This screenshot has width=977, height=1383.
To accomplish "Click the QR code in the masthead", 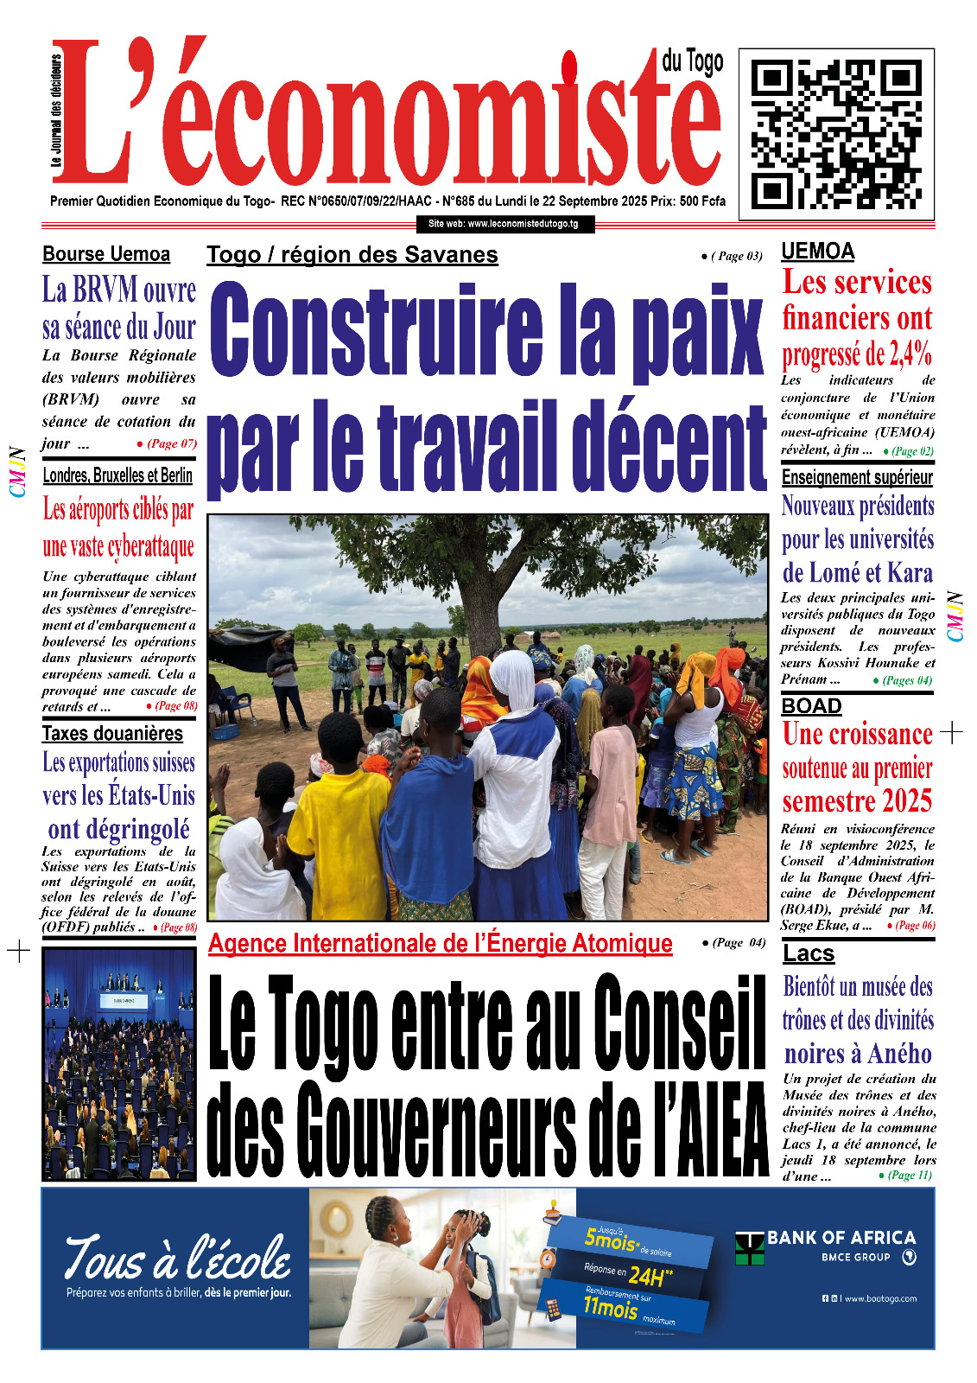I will [836, 133].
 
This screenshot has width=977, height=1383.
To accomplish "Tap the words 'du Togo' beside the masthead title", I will [692, 62].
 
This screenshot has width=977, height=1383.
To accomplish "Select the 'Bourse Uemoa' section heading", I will [106, 254].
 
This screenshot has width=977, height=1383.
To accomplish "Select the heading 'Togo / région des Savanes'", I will [352, 255].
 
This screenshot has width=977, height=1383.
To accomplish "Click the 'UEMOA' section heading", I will [817, 252].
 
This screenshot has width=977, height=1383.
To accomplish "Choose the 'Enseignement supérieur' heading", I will [857, 477].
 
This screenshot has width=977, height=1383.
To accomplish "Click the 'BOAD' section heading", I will [811, 706].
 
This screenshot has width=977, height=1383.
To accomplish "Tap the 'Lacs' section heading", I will [809, 953].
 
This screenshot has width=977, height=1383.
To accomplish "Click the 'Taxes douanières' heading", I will [112, 734].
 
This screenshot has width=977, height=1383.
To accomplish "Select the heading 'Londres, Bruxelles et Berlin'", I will [117, 475].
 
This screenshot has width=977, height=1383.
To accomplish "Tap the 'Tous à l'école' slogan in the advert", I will [178, 1258].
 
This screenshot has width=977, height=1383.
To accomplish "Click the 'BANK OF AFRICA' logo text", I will [841, 1238].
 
